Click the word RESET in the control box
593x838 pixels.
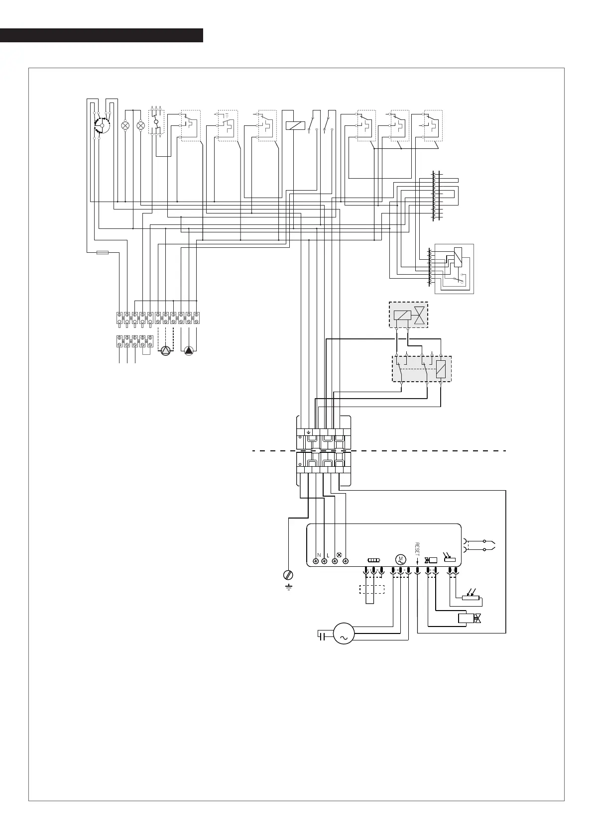tap(417, 549)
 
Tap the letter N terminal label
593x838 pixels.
tap(319, 555)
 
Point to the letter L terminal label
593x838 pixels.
tap(328, 555)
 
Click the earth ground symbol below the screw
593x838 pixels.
tap(288, 587)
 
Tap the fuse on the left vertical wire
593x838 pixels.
tap(103, 253)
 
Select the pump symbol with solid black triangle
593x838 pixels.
tap(189, 351)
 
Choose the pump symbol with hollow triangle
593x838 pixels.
tap(165, 351)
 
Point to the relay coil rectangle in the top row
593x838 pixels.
tap(295, 125)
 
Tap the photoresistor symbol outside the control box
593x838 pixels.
tap(471, 596)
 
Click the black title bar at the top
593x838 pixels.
tap(102, 35)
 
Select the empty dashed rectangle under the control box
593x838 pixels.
tap(372, 589)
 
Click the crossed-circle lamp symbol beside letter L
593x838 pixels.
tap(339, 555)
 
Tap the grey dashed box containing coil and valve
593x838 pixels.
tap(408, 315)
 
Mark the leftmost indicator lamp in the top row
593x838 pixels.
tap(125, 125)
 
